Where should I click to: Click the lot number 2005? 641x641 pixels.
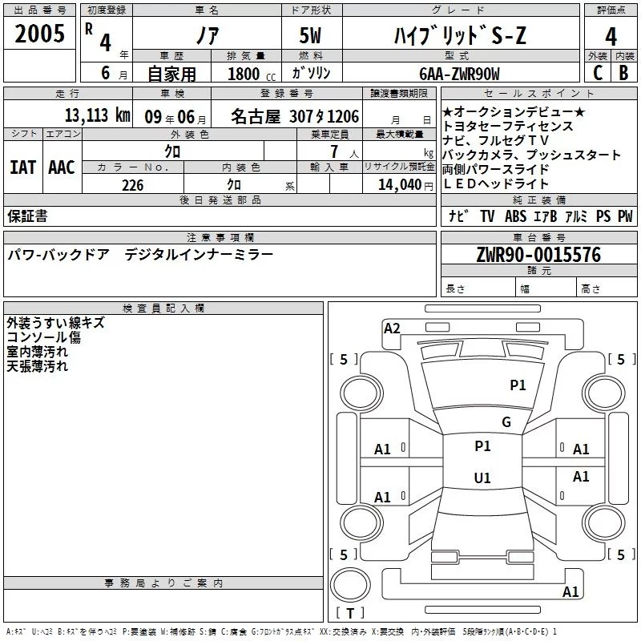pos(40,34)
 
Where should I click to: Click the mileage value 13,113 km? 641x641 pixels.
pos(96,115)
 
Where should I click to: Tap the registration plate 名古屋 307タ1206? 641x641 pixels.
pos(294,116)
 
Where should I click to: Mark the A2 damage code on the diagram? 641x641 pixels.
pos(392,328)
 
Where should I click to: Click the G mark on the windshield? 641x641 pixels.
pos(506,422)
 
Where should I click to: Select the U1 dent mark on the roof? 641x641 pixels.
pos(482,478)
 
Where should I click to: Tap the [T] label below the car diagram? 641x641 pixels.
pos(349,613)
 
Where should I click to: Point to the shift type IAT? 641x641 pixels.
pos(22,167)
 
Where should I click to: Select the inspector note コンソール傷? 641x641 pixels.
pos(43,337)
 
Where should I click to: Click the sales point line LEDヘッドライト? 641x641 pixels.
pos(496,184)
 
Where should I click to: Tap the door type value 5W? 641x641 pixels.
pos(312,36)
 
